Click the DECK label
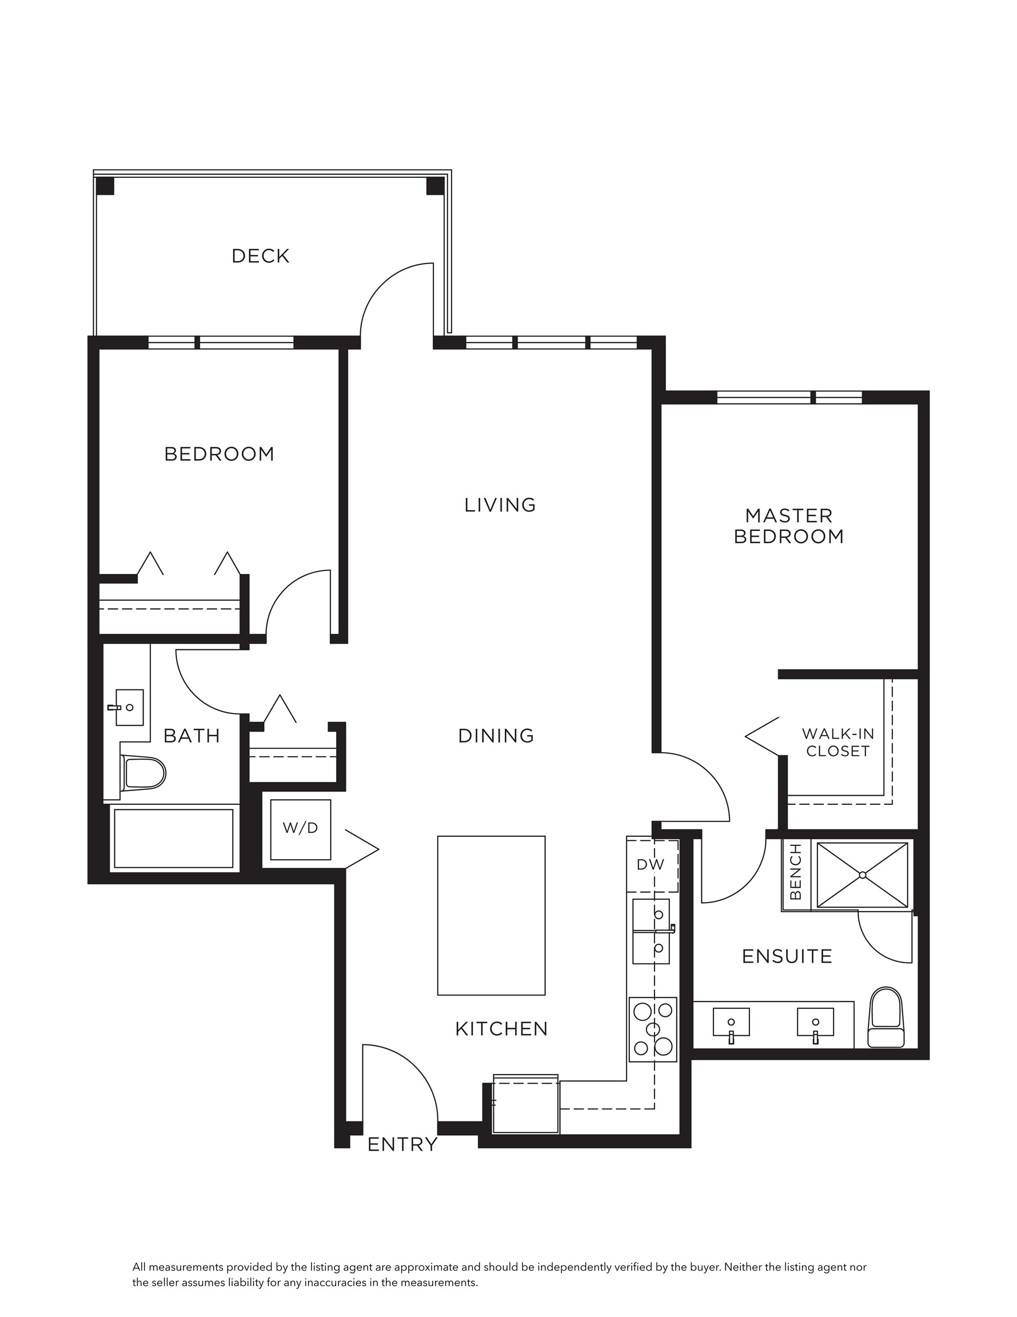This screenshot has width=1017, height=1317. pyautogui.click(x=261, y=256)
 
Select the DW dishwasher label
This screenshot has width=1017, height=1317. pyautogui.click(x=650, y=864)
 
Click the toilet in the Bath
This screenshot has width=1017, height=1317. pyautogui.click(x=143, y=773)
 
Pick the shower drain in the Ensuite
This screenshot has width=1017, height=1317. pyautogui.click(x=862, y=875)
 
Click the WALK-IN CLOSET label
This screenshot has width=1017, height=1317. pyautogui.click(x=838, y=743)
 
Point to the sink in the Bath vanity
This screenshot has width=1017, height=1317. pyautogui.click(x=129, y=707)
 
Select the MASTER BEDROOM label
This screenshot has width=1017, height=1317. pyautogui.click(x=788, y=526)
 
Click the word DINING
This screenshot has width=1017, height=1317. pyautogui.click(x=496, y=736)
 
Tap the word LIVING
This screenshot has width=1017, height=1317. pyautogui.click(x=500, y=505)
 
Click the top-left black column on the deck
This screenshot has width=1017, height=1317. pyautogui.click(x=105, y=186)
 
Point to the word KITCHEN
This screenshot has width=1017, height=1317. pyautogui.click(x=501, y=1029)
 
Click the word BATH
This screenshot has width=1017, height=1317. pyautogui.click(x=192, y=736)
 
